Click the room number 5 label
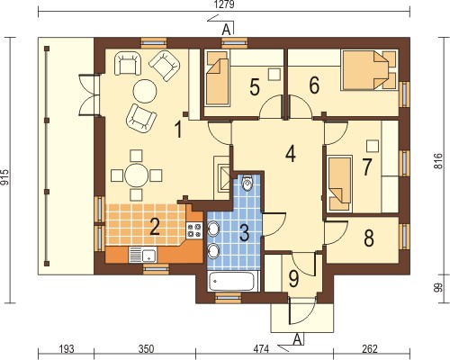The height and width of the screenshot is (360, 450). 255,87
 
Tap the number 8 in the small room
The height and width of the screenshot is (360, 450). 369,238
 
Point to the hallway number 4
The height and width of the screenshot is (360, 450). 291,155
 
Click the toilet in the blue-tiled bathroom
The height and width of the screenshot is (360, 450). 247,183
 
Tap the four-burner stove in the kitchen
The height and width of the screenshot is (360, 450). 194,230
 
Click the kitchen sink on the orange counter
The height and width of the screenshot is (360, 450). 142,255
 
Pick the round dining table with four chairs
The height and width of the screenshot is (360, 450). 137,175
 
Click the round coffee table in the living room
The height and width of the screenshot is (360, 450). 145,91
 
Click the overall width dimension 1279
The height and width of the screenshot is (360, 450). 225,5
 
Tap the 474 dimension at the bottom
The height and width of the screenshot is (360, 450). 261,349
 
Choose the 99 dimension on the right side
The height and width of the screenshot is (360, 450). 438,288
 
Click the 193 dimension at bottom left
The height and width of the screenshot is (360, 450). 66,349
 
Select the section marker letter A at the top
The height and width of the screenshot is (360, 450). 226,30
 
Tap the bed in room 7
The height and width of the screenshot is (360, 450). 340,184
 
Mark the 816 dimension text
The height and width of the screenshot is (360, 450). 438,161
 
